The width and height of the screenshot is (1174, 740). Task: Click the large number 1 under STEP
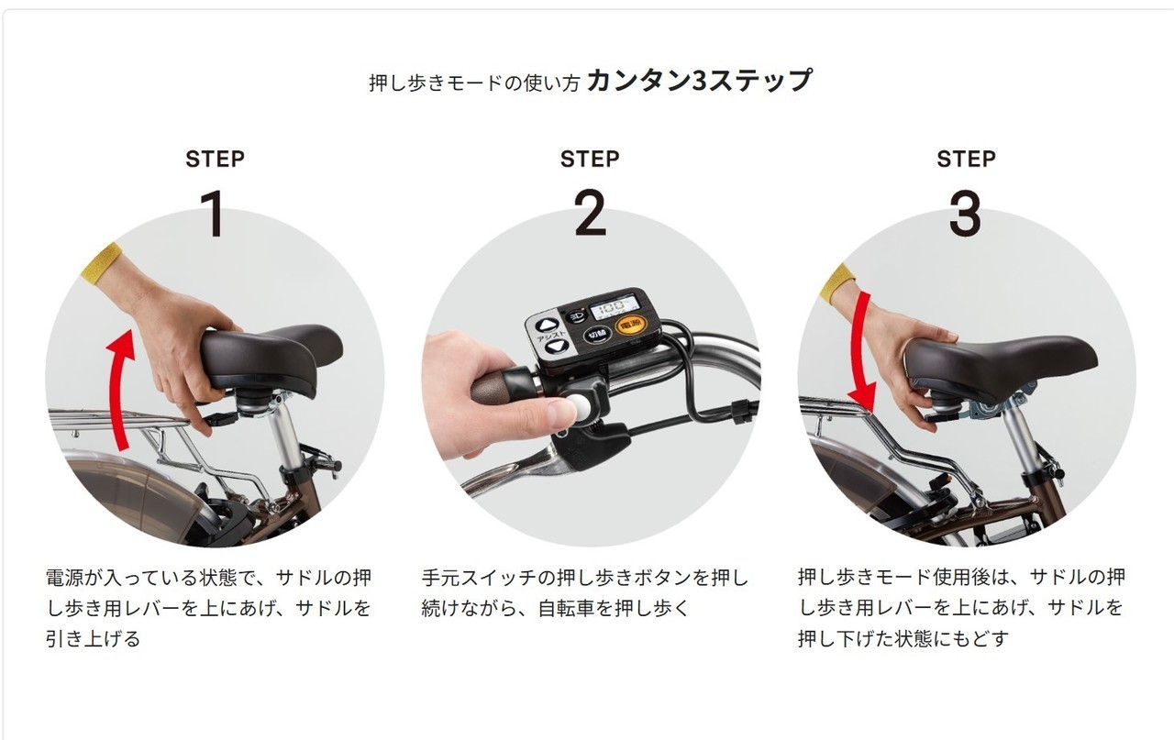[x=214, y=214]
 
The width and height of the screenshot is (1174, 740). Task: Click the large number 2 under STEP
[x=590, y=213]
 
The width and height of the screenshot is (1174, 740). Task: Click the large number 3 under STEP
[x=966, y=213]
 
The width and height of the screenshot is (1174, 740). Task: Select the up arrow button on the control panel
[x=547, y=326]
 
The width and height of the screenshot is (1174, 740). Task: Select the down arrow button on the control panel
[x=556, y=347]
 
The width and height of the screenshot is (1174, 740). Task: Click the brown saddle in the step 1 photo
[x=271, y=359]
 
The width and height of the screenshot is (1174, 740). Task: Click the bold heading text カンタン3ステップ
[x=700, y=81]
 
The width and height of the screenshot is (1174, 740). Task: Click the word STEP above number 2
[x=590, y=159]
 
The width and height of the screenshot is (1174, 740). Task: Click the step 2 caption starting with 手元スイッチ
[x=585, y=592]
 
